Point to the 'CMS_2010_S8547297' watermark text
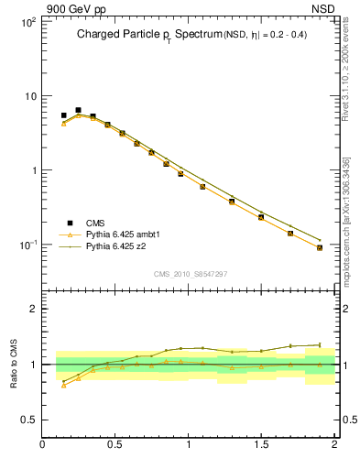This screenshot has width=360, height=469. pyautogui.click(x=191, y=274)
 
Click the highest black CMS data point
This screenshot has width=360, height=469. pyautogui.click(x=78, y=110)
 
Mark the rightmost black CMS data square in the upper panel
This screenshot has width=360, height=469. pyautogui.click(x=320, y=247)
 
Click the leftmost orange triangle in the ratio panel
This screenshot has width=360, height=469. pyautogui.click(x=63, y=385)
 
